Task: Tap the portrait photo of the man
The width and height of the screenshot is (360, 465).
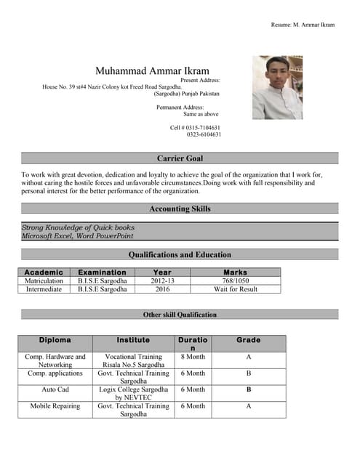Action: [x=277, y=87]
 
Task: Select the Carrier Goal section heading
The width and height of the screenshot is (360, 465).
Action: [x=180, y=158]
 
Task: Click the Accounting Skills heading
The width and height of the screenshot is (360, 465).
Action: [x=180, y=209]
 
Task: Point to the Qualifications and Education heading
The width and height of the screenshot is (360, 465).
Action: [x=180, y=255]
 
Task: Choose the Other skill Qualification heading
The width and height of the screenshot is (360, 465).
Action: [x=180, y=315]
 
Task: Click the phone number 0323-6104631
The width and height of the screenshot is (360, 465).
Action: [x=204, y=134]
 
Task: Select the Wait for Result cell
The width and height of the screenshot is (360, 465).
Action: [x=236, y=289]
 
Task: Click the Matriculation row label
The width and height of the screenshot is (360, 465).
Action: [x=44, y=280]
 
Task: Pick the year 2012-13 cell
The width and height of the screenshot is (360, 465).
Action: [x=163, y=280]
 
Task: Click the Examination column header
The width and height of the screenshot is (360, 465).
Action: [x=102, y=272]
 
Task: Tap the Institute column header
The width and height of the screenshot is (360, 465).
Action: [x=133, y=340]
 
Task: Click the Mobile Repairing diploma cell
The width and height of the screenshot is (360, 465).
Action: [x=55, y=406]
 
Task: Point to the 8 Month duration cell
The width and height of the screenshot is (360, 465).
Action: [x=193, y=357]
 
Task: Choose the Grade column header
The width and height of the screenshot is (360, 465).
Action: [x=248, y=340]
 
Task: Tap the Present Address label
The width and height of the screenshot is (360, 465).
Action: [x=199, y=80]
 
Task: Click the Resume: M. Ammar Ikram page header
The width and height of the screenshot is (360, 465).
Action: [x=303, y=25]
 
